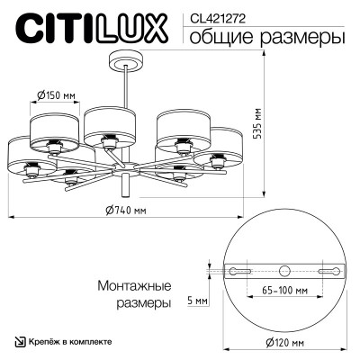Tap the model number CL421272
212,16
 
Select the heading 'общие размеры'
264,37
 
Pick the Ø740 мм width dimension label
125,210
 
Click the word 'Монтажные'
133,286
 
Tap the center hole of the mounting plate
285,270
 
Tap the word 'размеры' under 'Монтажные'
145,304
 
